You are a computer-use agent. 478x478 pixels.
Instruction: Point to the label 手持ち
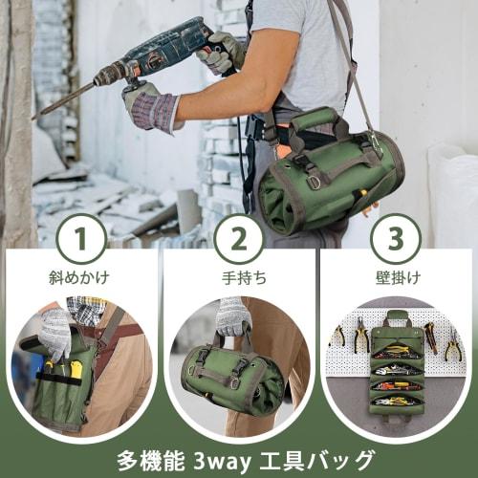pos(239,278)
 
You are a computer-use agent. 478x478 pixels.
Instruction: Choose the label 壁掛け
pos(397,278)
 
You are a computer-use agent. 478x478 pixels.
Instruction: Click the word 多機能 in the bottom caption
pos(145,457)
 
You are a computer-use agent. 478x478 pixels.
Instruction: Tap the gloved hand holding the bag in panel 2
pos(232,316)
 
